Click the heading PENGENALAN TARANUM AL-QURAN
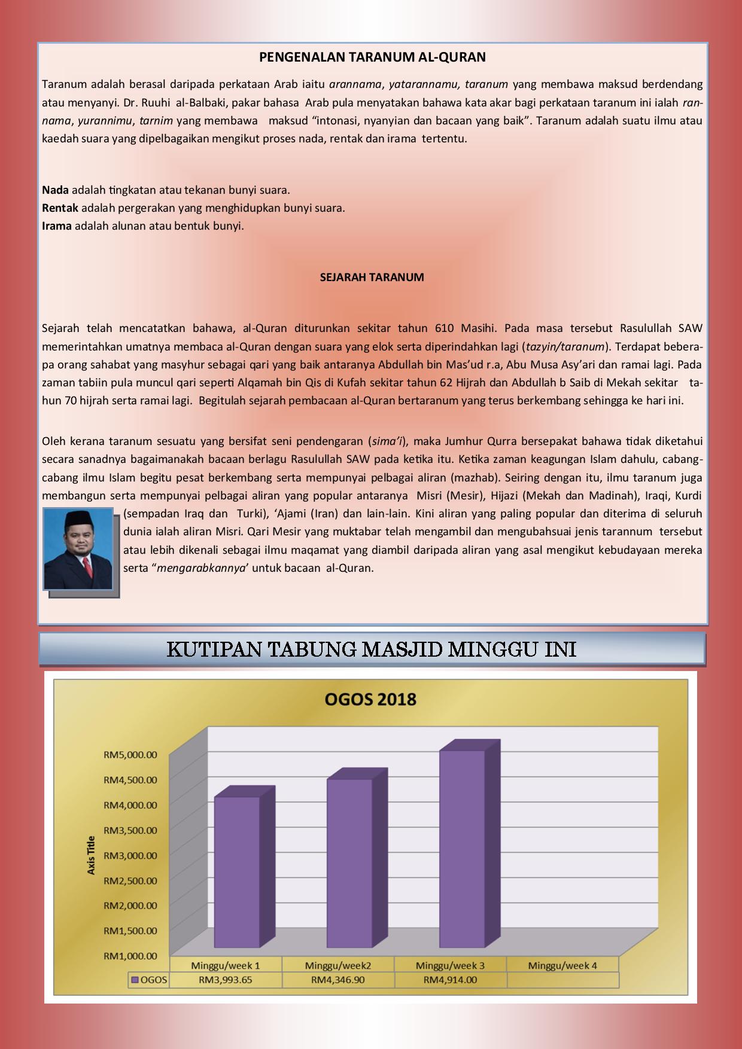coord(372,57)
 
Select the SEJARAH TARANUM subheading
coord(372,278)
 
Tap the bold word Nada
coord(55,190)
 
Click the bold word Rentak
coord(60,208)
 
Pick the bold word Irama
coord(57,226)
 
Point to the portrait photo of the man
coord(78,549)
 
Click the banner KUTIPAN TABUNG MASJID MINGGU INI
coord(372,649)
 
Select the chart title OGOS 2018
coord(370,699)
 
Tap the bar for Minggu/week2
coord(350,862)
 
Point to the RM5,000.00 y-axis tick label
coord(130,755)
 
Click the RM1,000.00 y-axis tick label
coord(130,956)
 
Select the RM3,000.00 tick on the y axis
coord(130,856)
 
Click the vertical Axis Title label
coord(92,855)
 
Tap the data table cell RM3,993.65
coord(226,980)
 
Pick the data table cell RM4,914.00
coord(450,980)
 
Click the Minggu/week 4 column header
coord(562,965)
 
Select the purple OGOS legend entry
coord(150,980)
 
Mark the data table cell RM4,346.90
coord(338,980)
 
